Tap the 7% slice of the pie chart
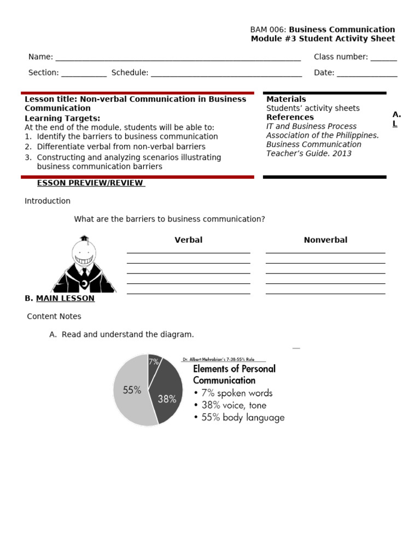[154, 361]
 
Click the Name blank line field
[178, 57]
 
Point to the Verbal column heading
[188, 240]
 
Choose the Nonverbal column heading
[325, 240]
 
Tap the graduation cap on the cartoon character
[84, 239]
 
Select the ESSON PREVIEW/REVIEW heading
[90, 183]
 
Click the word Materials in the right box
[286, 99]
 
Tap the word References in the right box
[290, 117]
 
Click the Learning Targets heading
[62, 118]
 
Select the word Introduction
[48, 201]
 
